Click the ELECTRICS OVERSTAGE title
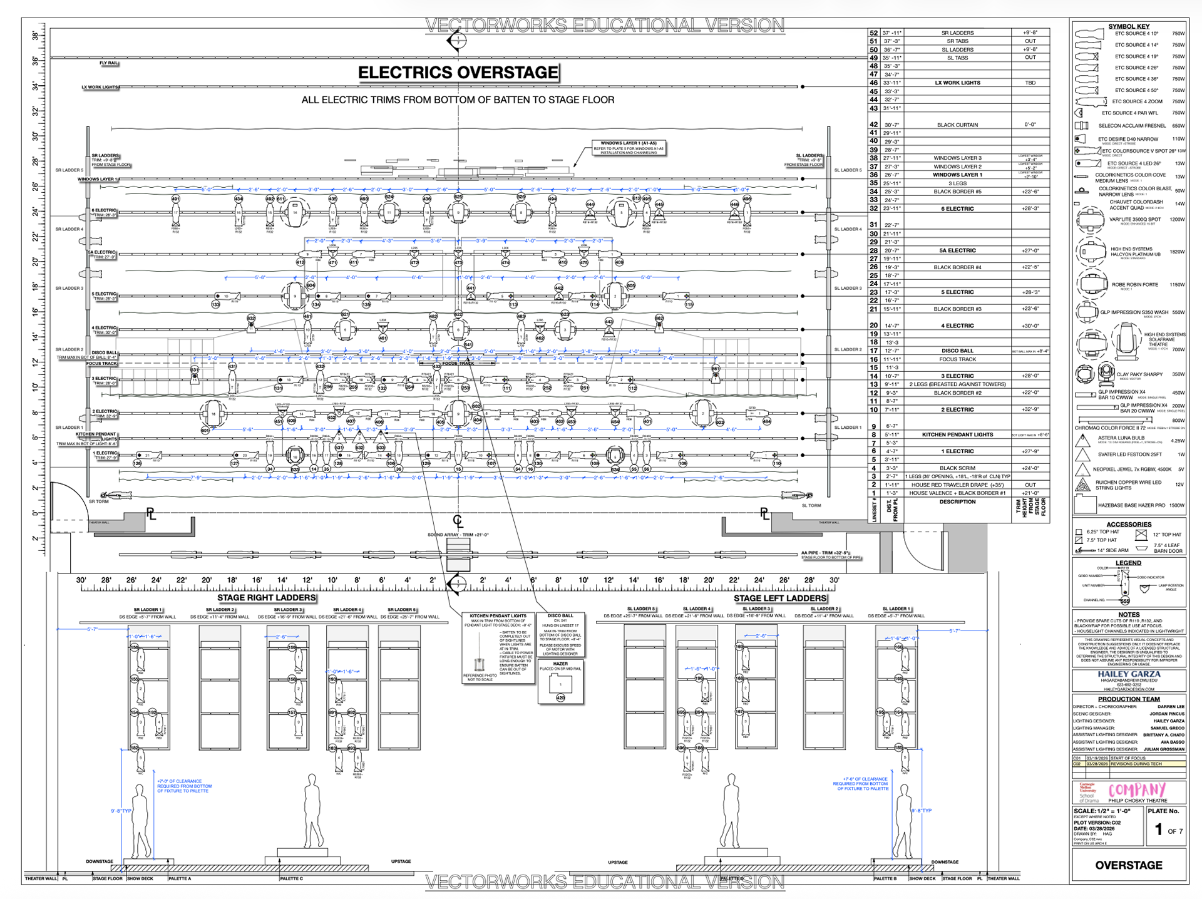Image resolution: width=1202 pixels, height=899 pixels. click(x=458, y=73)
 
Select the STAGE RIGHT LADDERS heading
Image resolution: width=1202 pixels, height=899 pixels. click(x=266, y=598)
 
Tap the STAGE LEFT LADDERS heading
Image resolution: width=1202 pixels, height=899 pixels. click(x=779, y=598)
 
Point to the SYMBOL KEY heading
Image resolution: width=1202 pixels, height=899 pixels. click(x=1129, y=26)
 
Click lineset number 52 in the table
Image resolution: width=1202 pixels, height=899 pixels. click(x=873, y=33)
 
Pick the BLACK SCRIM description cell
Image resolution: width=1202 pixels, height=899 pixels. click(x=957, y=468)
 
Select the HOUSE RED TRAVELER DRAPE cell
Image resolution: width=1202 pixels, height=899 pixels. click(x=957, y=485)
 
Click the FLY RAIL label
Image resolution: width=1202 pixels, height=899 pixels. click(x=108, y=63)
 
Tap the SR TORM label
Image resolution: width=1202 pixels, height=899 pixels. click(x=98, y=501)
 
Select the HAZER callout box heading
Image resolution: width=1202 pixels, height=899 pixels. click(x=560, y=664)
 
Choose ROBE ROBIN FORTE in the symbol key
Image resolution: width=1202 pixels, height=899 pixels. click(x=1134, y=284)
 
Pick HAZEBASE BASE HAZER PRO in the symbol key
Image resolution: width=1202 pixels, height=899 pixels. click(x=1131, y=505)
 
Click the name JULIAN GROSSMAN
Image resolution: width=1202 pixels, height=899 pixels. click(x=1164, y=749)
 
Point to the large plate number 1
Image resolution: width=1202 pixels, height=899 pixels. click(x=1158, y=830)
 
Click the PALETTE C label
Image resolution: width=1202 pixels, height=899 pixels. click(x=291, y=878)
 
